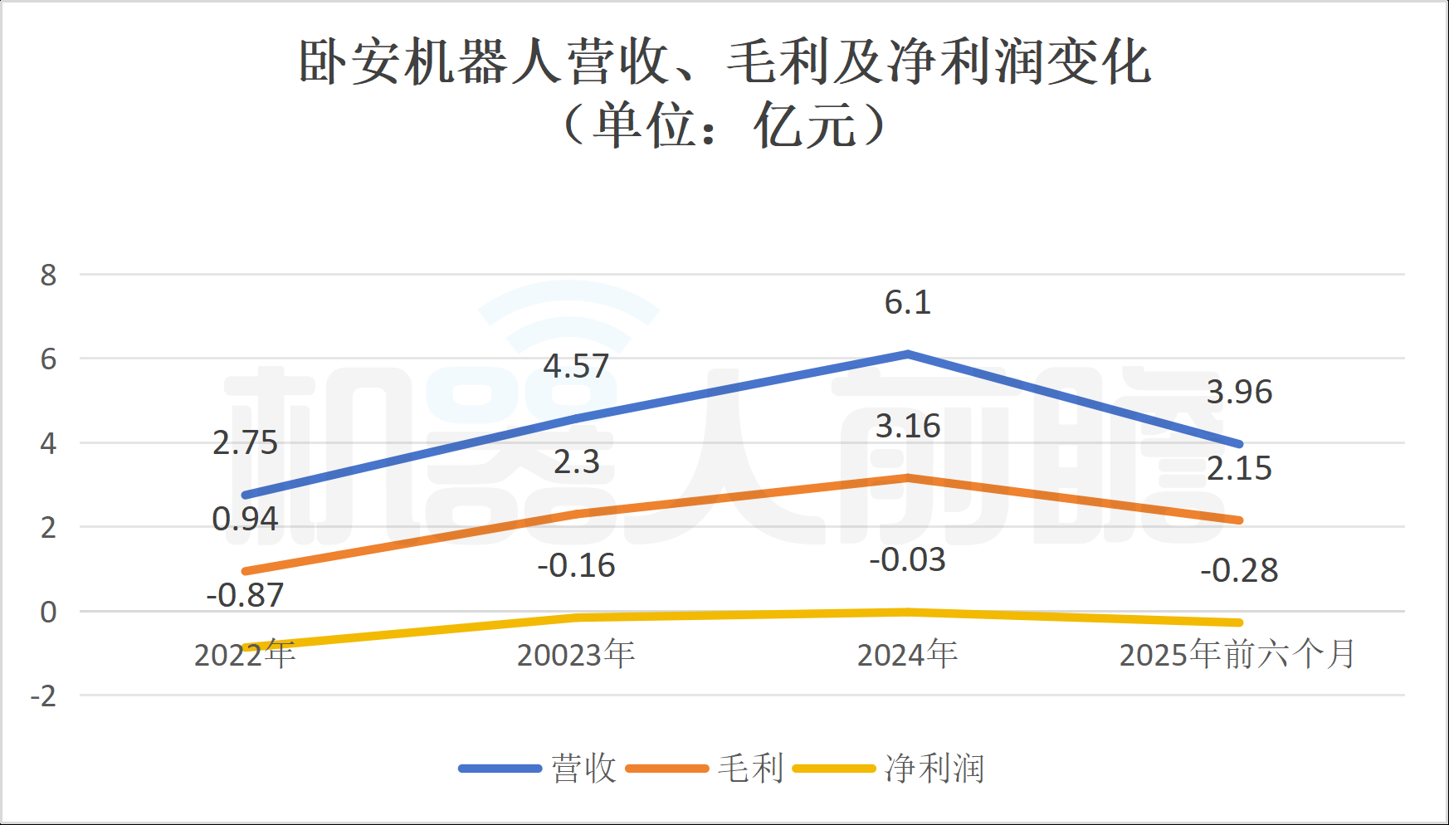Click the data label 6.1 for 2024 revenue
907,303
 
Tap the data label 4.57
576,366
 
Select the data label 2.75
245,442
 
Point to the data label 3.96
1239,392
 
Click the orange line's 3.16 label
907,427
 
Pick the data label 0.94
245,519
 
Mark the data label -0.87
245,595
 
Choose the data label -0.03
907,560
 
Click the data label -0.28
1239,571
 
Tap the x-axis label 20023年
576,655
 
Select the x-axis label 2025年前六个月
1237,655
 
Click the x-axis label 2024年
907,655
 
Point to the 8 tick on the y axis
49,275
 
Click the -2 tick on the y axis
44,696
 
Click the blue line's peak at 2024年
908,354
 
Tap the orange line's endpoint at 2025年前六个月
1238,520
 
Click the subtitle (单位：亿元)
724,126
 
